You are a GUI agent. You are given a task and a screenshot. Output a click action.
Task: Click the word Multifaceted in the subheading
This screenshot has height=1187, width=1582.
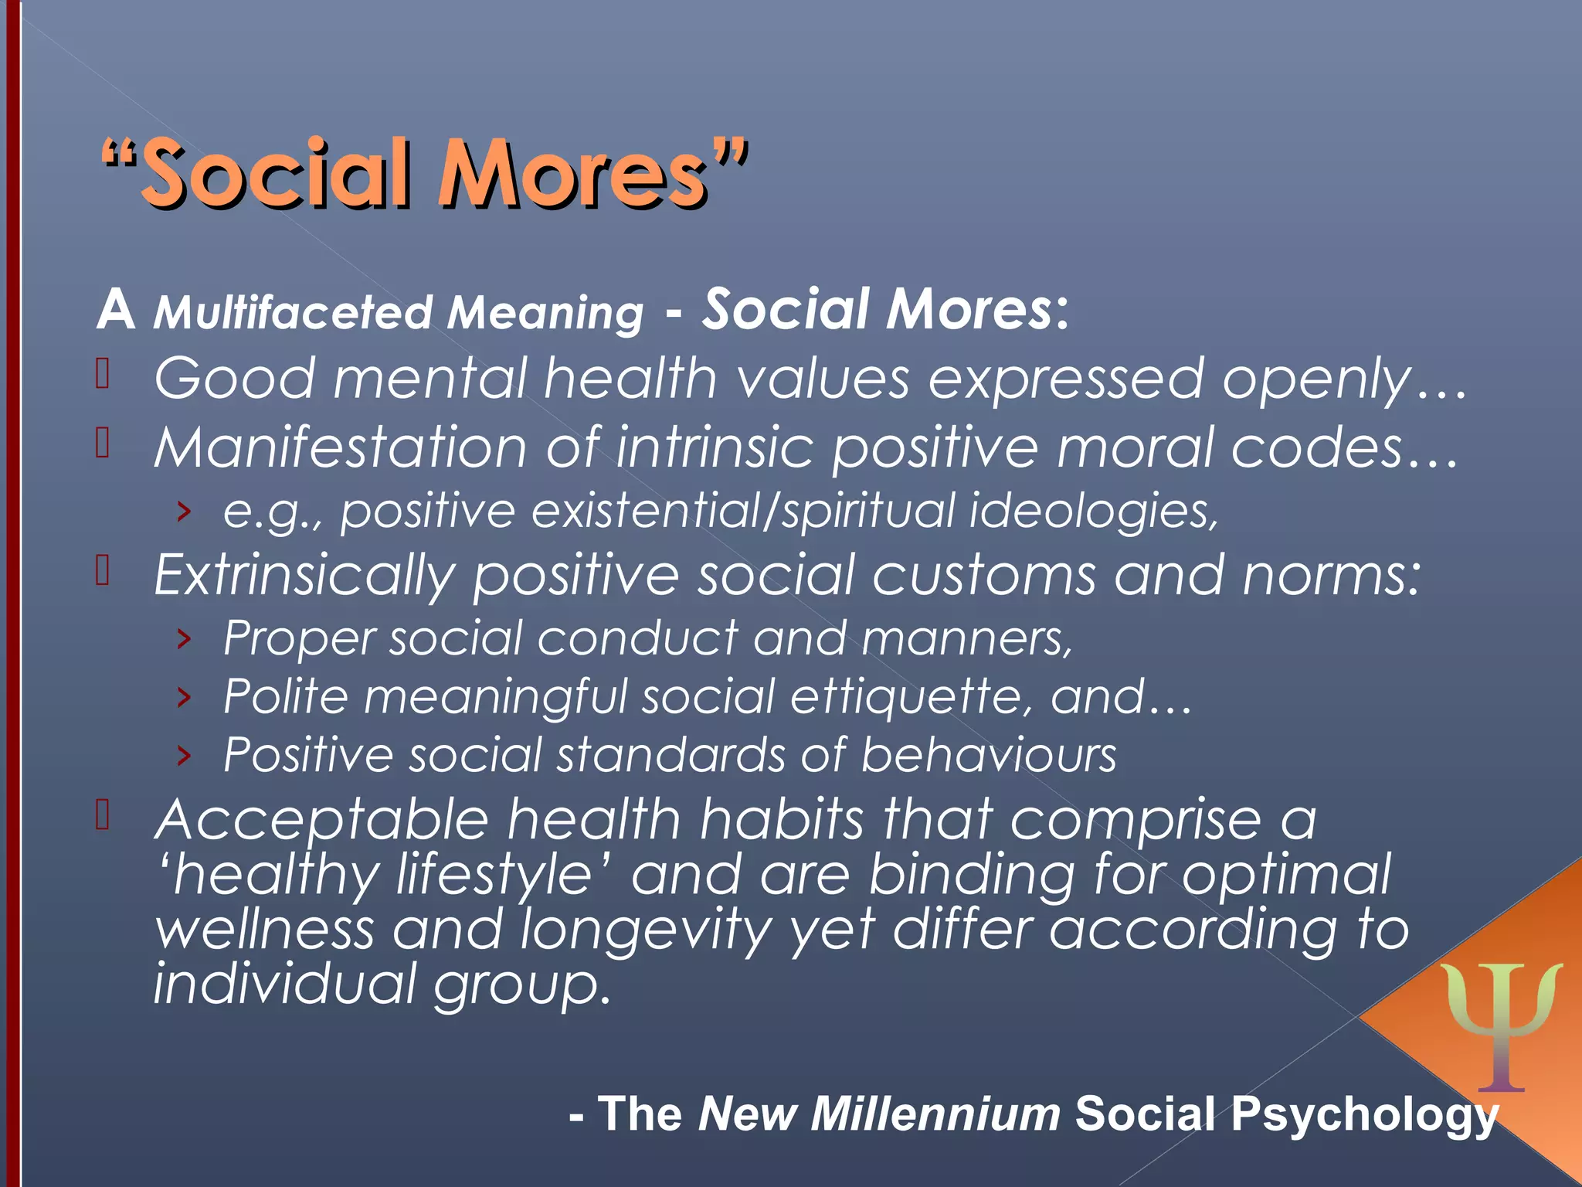pos(293,313)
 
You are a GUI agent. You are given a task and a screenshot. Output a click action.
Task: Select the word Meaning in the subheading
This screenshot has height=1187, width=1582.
pos(545,313)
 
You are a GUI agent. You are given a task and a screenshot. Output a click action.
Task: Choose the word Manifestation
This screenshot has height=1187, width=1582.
pos(341,447)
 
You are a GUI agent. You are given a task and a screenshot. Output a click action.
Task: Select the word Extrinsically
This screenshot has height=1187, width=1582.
pos(304,576)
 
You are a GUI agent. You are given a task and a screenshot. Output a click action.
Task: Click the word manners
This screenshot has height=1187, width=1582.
pos(966,639)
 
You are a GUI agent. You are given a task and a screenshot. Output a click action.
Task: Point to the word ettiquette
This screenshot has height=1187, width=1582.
pos(911,697)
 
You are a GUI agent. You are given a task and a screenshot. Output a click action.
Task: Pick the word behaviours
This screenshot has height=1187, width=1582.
pos(989,755)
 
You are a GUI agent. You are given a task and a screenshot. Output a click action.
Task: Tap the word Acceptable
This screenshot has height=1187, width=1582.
pos(321,820)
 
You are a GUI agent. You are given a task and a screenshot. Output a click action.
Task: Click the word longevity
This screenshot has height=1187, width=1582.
pos(646,930)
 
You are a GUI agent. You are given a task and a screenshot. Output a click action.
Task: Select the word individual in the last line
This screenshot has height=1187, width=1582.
pos(285,985)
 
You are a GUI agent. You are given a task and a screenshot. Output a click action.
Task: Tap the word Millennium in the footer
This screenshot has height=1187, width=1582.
pos(935,1114)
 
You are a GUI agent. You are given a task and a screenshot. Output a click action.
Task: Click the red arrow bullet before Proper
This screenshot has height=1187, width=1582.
pos(183,639)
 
